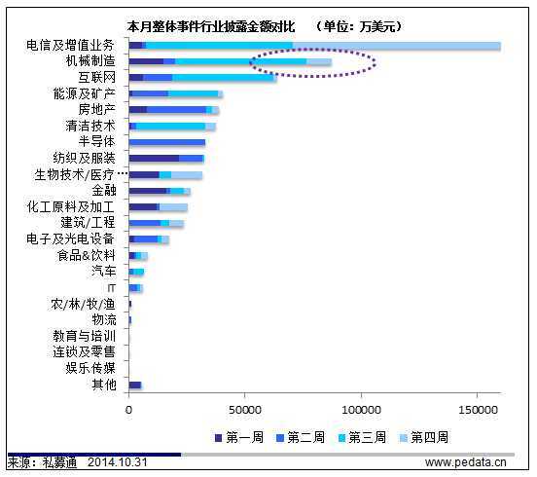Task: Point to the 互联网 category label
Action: tap(97, 77)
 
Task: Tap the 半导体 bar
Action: tap(166, 142)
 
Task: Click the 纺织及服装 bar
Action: tap(165, 158)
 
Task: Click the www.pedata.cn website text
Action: tap(465, 461)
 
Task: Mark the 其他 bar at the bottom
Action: tap(135, 385)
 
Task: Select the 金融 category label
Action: tap(104, 191)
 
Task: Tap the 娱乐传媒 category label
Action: tap(90, 368)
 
